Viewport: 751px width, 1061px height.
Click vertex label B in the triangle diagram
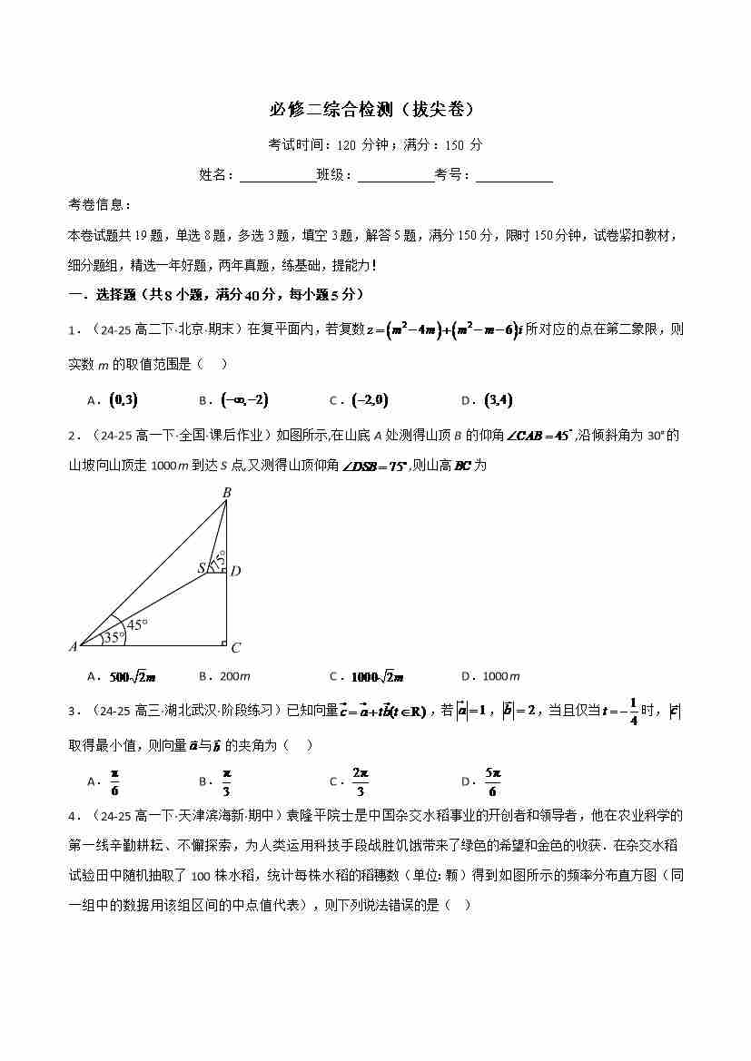tap(227, 493)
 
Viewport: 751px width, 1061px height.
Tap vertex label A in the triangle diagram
tap(73, 647)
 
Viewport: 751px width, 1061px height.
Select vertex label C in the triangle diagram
tap(235, 648)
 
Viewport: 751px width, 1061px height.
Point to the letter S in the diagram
tap(203, 569)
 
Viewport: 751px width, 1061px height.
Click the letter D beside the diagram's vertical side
tap(235, 571)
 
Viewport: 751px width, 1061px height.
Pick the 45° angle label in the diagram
tap(137, 624)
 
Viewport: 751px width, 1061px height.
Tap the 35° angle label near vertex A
tap(114, 637)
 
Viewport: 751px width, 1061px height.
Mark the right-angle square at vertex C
tap(223, 643)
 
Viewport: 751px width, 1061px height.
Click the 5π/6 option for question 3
tap(492, 781)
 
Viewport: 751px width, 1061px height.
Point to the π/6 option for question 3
tap(115, 781)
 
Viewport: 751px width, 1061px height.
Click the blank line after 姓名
tap(277, 176)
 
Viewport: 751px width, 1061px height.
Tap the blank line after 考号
tap(514, 176)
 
